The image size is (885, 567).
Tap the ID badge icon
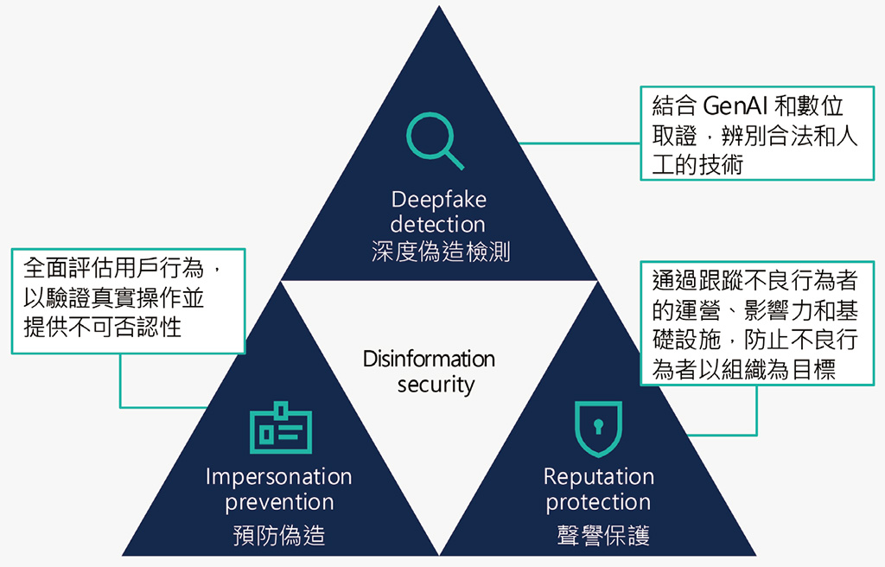pyautogui.click(x=280, y=428)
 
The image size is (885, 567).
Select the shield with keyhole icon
pyautogui.click(x=598, y=429)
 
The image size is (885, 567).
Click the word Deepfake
pyautogui.click(x=439, y=200)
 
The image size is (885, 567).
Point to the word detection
pyautogui.click(x=437, y=225)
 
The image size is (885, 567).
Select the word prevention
pyautogui.click(x=279, y=502)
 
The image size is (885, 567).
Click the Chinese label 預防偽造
pyautogui.click(x=279, y=536)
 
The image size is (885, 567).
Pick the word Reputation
pyautogui.click(x=598, y=477)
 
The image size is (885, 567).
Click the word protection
pyautogui.click(x=598, y=502)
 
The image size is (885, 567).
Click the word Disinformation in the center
pyautogui.click(x=429, y=359)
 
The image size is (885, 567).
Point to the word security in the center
pyautogui.click(x=436, y=385)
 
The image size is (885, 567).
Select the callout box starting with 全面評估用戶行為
pyautogui.click(x=128, y=301)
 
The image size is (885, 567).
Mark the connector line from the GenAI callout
pyautogui.click(x=579, y=143)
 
